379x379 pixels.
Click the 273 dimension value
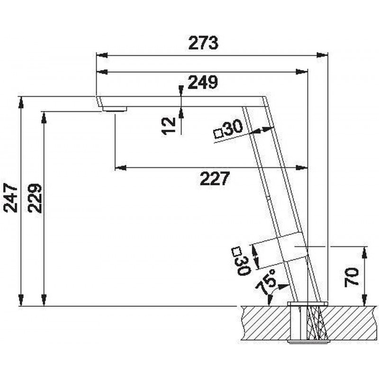coord(203,43)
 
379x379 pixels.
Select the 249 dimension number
coord(203,82)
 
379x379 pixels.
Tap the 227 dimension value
coord(215,179)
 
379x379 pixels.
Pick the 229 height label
coord(35,198)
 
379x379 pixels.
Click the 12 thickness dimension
coord(169,125)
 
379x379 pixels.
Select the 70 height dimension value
coord(352,278)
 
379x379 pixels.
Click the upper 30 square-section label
coord(233,127)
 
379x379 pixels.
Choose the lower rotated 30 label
coord(243,265)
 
